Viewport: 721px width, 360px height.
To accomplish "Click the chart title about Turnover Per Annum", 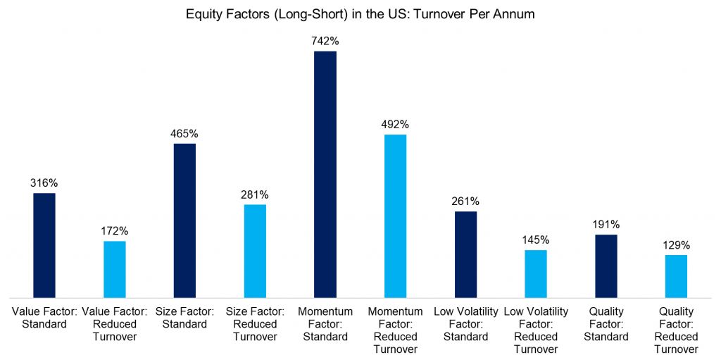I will tap(360, 13).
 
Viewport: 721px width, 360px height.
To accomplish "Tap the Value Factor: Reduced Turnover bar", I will tap(115, 269).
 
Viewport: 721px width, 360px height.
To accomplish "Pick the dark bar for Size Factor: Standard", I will tap(184, 221).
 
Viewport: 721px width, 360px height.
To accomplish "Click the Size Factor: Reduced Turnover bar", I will tap(255, 251).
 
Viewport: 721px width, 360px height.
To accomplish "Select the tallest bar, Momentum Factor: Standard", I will tap(325, 174).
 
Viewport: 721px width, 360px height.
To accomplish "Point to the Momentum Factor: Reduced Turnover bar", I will tap(395, 216).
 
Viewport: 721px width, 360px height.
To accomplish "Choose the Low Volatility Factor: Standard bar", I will tap(465, 254).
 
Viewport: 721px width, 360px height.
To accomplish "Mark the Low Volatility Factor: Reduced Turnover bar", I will tap(536, 273).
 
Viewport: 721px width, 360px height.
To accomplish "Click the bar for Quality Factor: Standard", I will tap(606, 266).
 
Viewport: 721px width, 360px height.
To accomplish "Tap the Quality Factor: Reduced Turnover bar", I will tap(676, 276).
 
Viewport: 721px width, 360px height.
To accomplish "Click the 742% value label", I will tap(325, 41).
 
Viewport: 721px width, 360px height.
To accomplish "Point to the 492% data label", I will tap(395, 124).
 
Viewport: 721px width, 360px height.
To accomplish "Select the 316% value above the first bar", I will tap(44, 182).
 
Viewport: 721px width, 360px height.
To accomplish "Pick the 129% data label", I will tap(676, 245).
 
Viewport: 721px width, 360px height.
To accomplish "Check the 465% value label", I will tap(184, 133).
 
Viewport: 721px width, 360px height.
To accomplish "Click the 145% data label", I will tap(536, 240).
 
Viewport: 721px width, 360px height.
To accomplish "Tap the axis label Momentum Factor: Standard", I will tap(325, 324).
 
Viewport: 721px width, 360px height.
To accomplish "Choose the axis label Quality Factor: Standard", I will tap(606, 324).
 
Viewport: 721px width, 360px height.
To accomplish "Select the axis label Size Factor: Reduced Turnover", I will tap(255, 324).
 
